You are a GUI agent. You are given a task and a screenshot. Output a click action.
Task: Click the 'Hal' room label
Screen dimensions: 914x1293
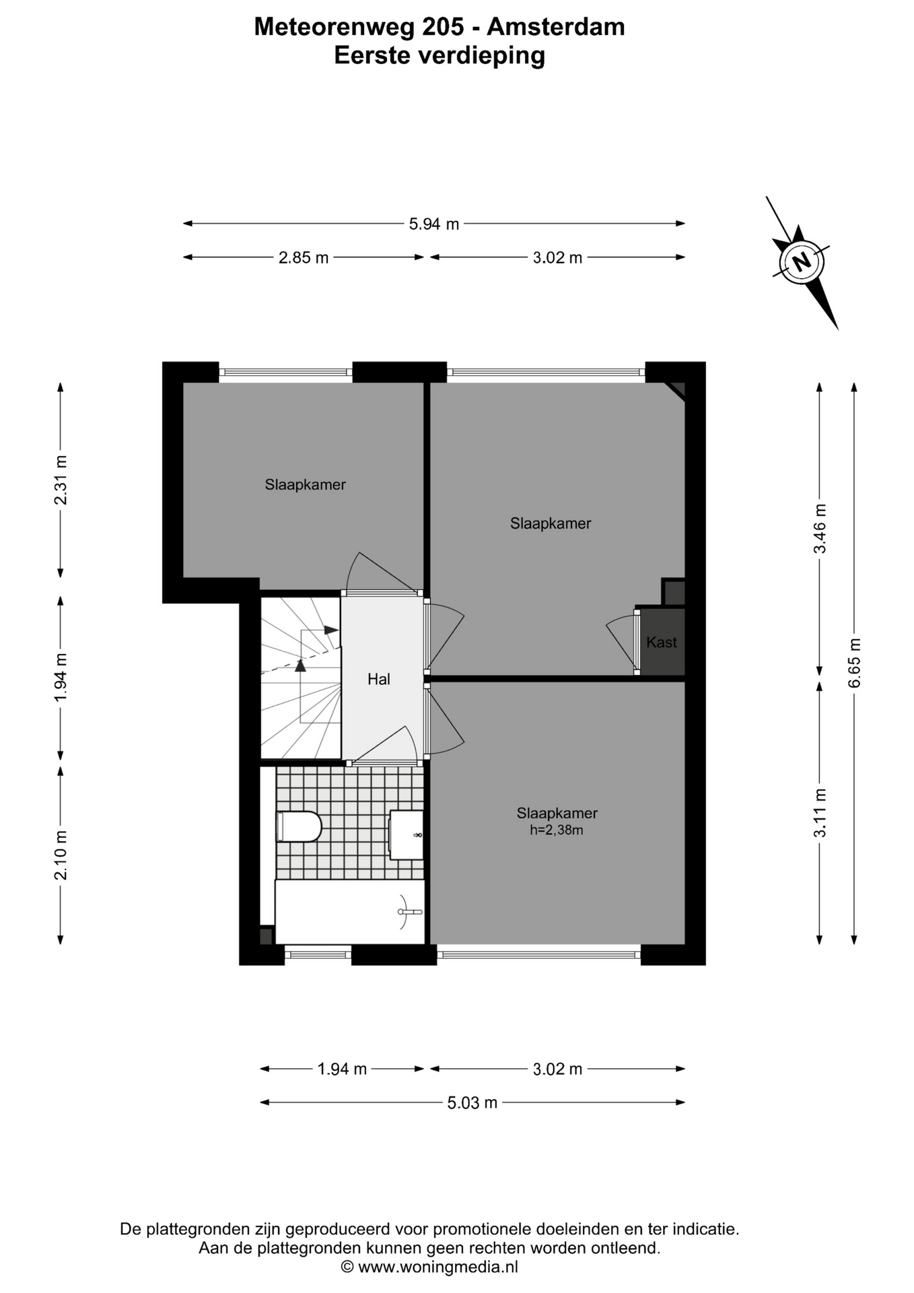(x=379, y=679)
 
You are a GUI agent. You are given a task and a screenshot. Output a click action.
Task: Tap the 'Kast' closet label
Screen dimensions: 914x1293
(x=662, y=642)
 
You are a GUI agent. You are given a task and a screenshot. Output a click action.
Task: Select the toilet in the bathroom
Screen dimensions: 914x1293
(x=300, y=826)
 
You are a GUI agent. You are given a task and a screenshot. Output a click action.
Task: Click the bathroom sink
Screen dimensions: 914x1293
(x=407, y=835)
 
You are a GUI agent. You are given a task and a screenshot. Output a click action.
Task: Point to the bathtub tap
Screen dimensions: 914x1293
(x=409, y=912)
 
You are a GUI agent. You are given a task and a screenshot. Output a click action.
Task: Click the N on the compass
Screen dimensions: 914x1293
(x=802, y=261)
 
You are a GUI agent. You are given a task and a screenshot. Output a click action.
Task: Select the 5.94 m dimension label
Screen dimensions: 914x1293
(x=434, y=224)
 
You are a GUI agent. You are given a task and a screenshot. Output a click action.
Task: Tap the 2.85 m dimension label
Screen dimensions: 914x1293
(x=304, y=258)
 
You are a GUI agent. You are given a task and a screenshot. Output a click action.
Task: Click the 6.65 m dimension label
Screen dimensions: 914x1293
(x=855, y=663)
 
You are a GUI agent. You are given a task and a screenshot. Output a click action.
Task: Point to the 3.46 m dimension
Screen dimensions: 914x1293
(x=820, y=528)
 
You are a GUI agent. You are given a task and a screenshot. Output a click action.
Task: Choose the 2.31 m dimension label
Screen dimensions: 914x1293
(x=61, y=479)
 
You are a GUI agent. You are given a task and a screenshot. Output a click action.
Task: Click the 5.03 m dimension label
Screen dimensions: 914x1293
(x=472, y=1103)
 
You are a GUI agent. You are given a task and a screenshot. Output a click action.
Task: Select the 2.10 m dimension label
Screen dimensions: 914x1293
(x=61, y=855)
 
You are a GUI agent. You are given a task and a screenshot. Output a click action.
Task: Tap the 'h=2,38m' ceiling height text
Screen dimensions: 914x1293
(x=557, y=830)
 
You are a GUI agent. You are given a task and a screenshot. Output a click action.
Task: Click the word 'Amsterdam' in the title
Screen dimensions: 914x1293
(x=556, y=27)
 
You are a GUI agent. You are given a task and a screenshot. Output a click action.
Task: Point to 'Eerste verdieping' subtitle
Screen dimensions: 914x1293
(x=440, y=55)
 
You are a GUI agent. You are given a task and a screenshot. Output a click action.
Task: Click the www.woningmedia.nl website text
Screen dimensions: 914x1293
(x=438, y=1267)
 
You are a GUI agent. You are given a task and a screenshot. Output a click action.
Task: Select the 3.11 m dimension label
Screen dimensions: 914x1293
(x=820, y=812)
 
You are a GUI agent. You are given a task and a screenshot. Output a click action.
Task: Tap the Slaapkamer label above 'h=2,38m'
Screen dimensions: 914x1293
(x=557, y=813)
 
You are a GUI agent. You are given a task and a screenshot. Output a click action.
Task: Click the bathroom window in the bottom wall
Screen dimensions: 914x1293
(x=318, y=954)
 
